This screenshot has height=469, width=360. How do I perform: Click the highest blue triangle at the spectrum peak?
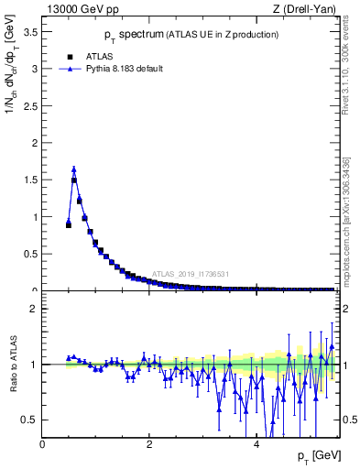click(x=73, y=169)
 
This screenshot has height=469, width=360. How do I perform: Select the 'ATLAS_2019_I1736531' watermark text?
click(x=190, y=274)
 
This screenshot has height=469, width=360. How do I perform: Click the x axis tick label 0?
click(x=42, y=444)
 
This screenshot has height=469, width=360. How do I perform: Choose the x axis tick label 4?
click(x=256, y=444)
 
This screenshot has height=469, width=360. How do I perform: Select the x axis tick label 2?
click(x=149, y=444)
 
